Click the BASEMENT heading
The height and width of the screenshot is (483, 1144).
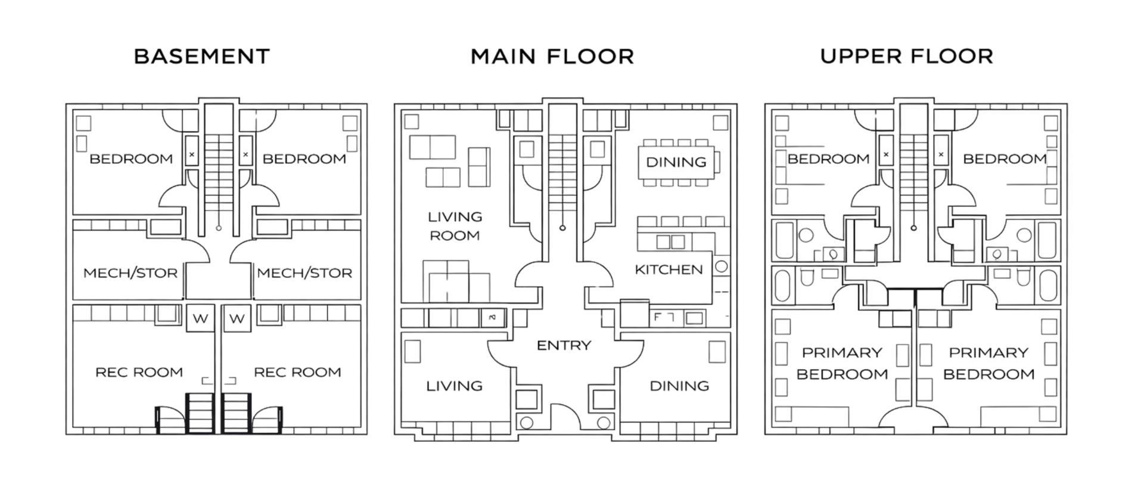pyautogui.click(x=202, y=57)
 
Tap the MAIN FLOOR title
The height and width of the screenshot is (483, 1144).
pyautogui.click(x=552, y=57)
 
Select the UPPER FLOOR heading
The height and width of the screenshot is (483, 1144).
pyautogui.click(x=906, y=56)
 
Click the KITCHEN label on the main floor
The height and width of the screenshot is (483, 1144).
pyautogui.click(x=669, y=270)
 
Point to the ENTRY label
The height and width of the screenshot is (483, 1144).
pyautogui.click(x=564, y=345)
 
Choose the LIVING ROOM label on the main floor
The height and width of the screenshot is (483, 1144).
pyautogui.click(x=455, y=226)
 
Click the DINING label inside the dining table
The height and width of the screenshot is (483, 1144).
pyautogui.click(x=676, y=162)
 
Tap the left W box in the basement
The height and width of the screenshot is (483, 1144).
pyautogui.click(x=200, y=318)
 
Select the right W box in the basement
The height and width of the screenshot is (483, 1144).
pyautogui.click(x=237, y=318)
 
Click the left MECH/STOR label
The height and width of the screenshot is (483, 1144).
pyautogui.click(x=130, y=273)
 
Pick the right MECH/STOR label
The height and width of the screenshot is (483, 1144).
pyautogui.click(x=304, y=273)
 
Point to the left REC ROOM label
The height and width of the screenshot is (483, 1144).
pyautogui.click(x=139, y=372)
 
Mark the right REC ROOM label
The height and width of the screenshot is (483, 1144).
pyautogui.click(x=297, y=372)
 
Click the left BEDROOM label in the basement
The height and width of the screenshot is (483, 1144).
pyautogui.click(x=131, y=159)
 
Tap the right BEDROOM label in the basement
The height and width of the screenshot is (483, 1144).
pyautogui.click(x=304, y=159)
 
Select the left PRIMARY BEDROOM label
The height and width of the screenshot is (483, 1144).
pyautogui.click(x=842, y=363)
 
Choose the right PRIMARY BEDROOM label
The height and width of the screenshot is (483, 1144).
pyautogui.click(x=988, y=363)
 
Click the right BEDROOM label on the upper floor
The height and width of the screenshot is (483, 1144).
pyautogui.click(x=1005, y=159)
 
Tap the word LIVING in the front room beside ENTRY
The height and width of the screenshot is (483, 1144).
pyautogui.click(x=454, y=386)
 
